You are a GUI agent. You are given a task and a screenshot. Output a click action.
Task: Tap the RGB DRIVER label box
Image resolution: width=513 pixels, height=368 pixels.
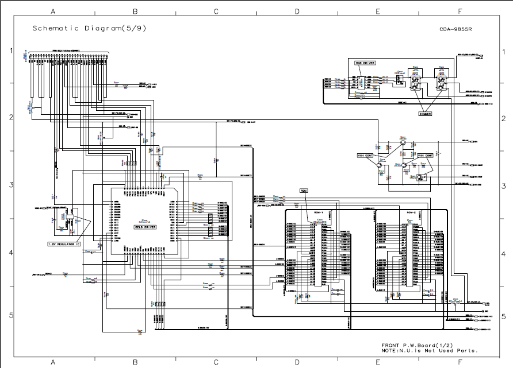click(365, 63)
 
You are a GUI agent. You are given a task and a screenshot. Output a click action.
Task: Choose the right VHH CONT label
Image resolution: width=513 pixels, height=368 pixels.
click(425, 156)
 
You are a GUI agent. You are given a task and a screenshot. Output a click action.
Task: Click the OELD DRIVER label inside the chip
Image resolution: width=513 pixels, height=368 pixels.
click(146, 227)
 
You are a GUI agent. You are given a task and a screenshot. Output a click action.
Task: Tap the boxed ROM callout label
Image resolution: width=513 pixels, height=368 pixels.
click(304, 190)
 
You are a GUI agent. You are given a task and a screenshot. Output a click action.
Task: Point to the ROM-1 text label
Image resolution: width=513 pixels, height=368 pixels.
click(317, 212)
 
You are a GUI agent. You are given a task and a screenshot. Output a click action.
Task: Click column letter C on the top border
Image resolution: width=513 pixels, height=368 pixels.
click(216, 11)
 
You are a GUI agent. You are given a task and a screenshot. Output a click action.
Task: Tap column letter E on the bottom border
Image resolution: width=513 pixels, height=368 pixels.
click(378, 362)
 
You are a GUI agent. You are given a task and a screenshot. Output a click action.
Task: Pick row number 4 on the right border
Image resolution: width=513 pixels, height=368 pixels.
click(503, 253)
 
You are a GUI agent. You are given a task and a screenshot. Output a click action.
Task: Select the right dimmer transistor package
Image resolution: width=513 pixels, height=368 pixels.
click(442, 83)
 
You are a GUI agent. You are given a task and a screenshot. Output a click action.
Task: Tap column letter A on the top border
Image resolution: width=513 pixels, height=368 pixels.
click(53, 11)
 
